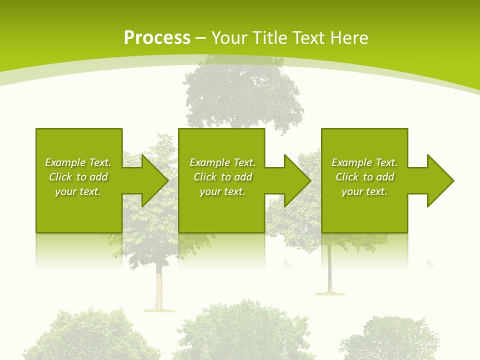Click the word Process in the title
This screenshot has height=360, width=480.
coord(156,38)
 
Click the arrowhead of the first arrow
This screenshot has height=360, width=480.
coord(155,180)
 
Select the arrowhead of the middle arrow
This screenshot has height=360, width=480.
coord(297,180)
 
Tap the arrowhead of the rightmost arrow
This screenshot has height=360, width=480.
coord(440,180)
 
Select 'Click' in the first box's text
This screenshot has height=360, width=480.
coord(60,177)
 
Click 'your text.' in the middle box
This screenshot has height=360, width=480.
coord(222,191)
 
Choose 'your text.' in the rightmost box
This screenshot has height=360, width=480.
coord(364,191)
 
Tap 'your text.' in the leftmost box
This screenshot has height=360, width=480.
coord(77,191)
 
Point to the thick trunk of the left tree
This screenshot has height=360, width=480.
coord(159,290)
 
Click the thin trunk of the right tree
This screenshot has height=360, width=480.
coord(330,270)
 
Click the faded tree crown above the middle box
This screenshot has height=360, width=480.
coord(242,95)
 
